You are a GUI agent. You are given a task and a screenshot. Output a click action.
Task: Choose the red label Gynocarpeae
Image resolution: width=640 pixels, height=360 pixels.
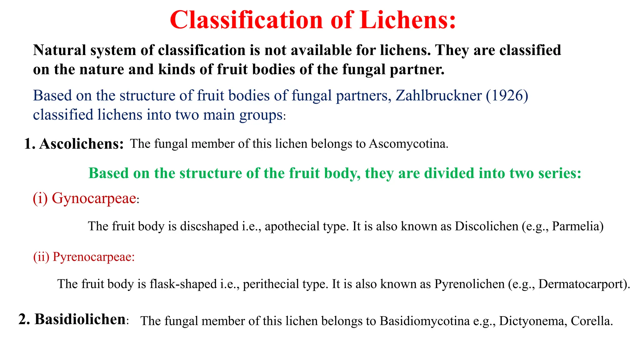94,198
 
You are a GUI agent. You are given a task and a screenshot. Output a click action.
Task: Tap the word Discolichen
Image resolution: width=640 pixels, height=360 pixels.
486,226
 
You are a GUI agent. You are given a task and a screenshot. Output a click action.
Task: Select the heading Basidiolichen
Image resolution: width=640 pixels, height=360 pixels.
80,320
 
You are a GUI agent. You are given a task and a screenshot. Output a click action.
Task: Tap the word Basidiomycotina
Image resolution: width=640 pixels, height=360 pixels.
425,321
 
